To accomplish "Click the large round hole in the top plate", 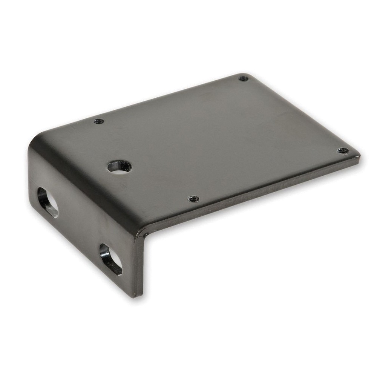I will (120, 166).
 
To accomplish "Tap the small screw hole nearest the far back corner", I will (243, 78).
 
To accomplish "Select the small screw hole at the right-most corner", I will (343, 150).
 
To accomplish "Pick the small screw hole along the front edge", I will (193, 198).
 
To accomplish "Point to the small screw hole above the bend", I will (99, 121).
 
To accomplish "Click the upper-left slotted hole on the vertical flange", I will (48, 202).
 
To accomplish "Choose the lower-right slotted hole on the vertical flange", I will (111, 259).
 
